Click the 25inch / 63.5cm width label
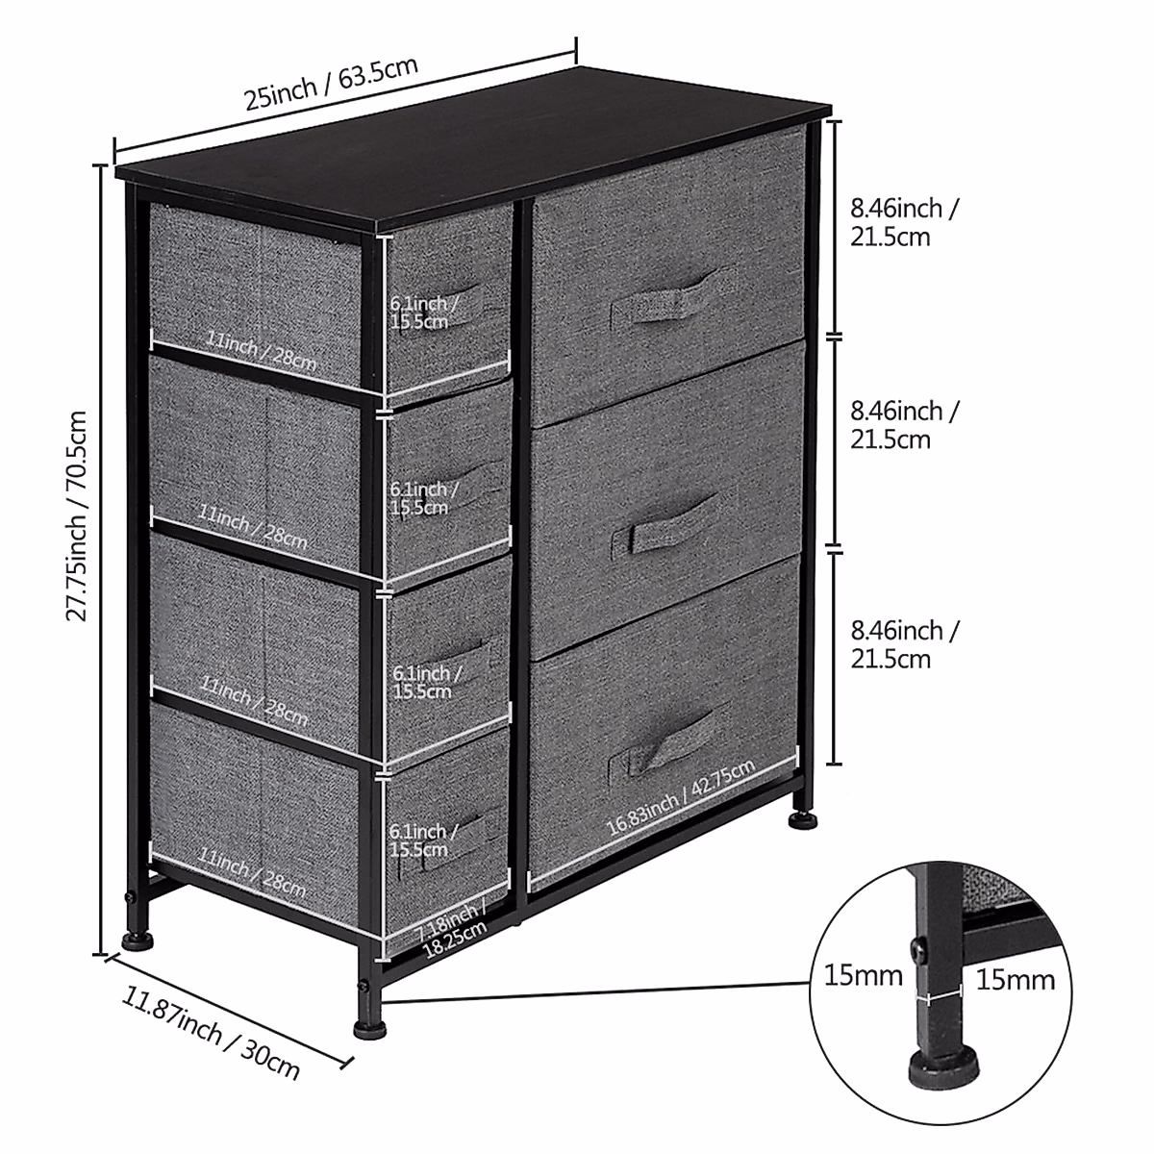coord(331,85)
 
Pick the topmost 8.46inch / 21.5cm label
coord(903,222)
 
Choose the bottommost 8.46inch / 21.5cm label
coord(903,644)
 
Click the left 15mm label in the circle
coord(864,977)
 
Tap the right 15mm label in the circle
coord(1016,980)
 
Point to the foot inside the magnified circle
coord(943,1063)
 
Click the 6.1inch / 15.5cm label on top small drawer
coord(424,313)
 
